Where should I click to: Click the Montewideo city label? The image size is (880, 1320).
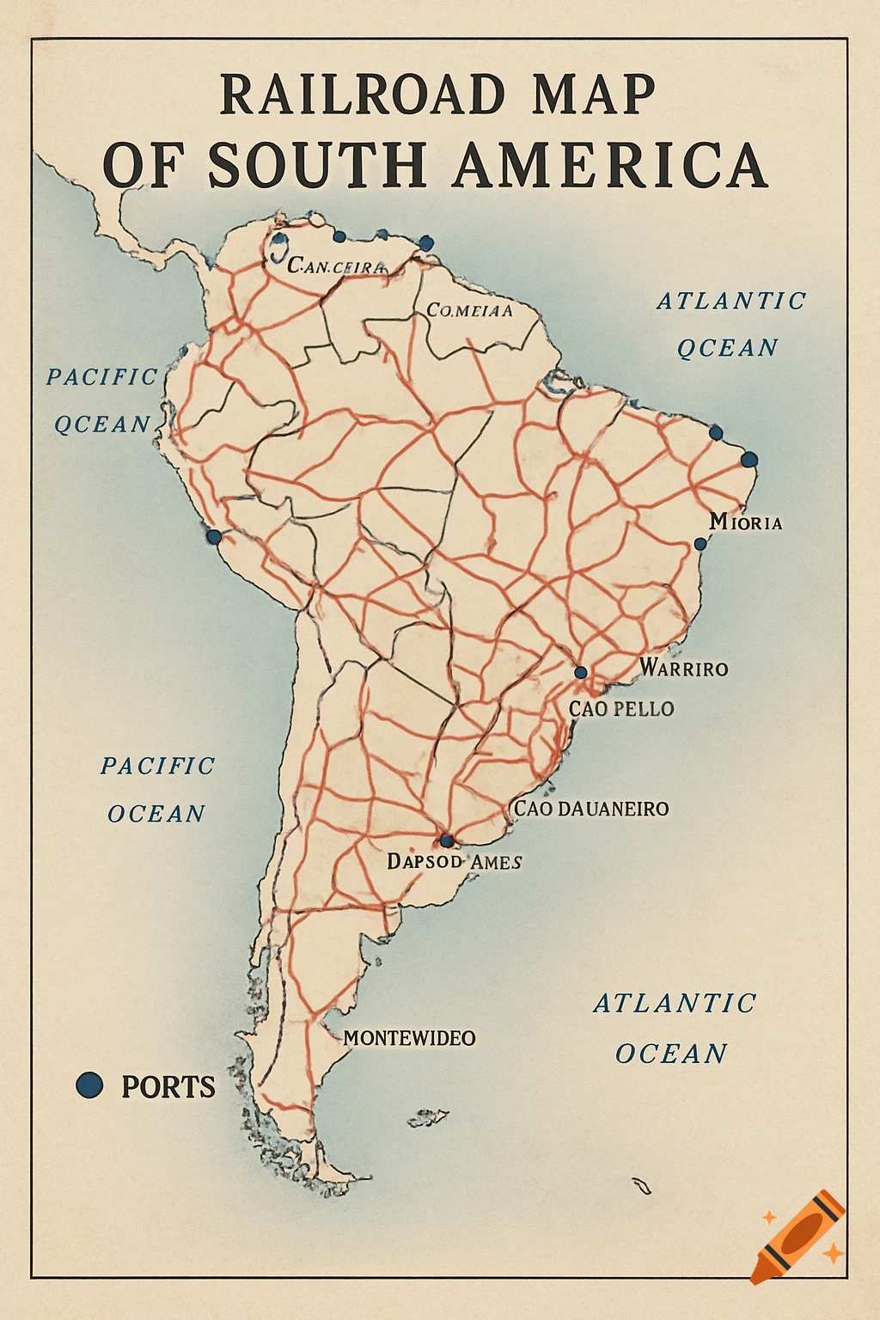pyautogui.click(x=409, y=1038)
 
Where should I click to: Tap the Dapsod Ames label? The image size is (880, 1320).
pyautogui.click(x=454, y=861)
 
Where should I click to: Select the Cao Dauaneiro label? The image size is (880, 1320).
pyautogui.click(x=591, y=809)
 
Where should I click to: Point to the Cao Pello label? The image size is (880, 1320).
pyautogui.click(x=621, y=709)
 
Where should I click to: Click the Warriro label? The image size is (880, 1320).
pyautogui.click(x=684, y=669)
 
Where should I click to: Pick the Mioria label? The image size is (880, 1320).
pyautogui.click(x=746, y=522)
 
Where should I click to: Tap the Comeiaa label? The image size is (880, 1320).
pyautogui.click(x=469, y=310)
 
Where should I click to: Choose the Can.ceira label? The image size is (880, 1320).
pyautogui.click(x=337, y=266)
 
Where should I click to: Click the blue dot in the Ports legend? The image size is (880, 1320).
pyautogui.click(x=89, y=1085)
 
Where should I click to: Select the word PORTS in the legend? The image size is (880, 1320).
pyautogui.click(x=168, y=1087)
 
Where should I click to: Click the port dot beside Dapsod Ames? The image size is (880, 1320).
pyautogui.click(x=446, y=840)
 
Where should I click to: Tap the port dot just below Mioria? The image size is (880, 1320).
pyautogui.click(x=700, y=543)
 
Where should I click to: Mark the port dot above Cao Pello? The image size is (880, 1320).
pyautogui.click(x=581, y=672)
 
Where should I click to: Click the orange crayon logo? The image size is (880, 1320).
pyautogui.click(x=797, y=1235)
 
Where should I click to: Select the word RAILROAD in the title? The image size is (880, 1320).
pyautogui.click(x=362, y=95)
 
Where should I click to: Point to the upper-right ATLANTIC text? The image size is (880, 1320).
pyautogui.click(x=731, y=301)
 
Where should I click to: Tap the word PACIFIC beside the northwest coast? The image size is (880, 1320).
pyautogui.click(x=102, y=376)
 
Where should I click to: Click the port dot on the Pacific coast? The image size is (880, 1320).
pyautogui.click(x=213, y=536)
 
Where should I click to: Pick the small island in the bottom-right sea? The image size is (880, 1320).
pyautogui.click(x=641, y=1186)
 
